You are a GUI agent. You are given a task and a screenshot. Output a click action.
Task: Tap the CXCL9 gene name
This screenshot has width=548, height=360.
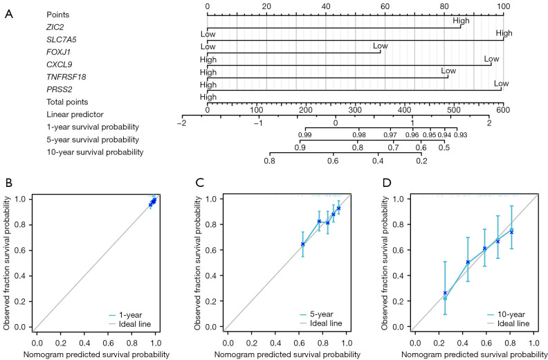pyautogui.click(x=57, y=64)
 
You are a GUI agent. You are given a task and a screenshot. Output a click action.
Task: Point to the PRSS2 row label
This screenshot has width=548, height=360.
pyautogui.click(x=57, y=89)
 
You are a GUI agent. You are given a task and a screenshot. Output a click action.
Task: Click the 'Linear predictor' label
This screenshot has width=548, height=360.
pyautogui.click(x=70, y=114)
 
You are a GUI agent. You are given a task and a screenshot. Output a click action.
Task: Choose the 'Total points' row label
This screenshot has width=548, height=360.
pyautogui.click(x=67, y=102)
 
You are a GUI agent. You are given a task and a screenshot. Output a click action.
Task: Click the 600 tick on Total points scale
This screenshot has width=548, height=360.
pyautogui.click(x=503, y=111)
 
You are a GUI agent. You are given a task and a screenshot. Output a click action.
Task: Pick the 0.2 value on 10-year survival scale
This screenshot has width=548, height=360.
pyautogui.click(x=422, y=161)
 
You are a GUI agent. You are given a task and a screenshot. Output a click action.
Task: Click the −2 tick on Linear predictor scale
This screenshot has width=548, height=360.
pyautogui.click(x=181, y=123)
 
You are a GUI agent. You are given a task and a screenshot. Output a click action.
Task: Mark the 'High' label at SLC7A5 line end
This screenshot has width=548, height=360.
pyautogui.click(x=504, y=33)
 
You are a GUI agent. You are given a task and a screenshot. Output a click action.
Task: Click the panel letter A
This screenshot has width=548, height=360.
pyautogui.click(x=10, y=15)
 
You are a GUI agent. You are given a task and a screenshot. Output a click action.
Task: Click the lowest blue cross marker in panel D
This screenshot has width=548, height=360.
pyautogui.click(x=445, y=292)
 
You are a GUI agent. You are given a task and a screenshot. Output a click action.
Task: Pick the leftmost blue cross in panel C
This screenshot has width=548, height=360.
pyautogui.click(x=302, y=244)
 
